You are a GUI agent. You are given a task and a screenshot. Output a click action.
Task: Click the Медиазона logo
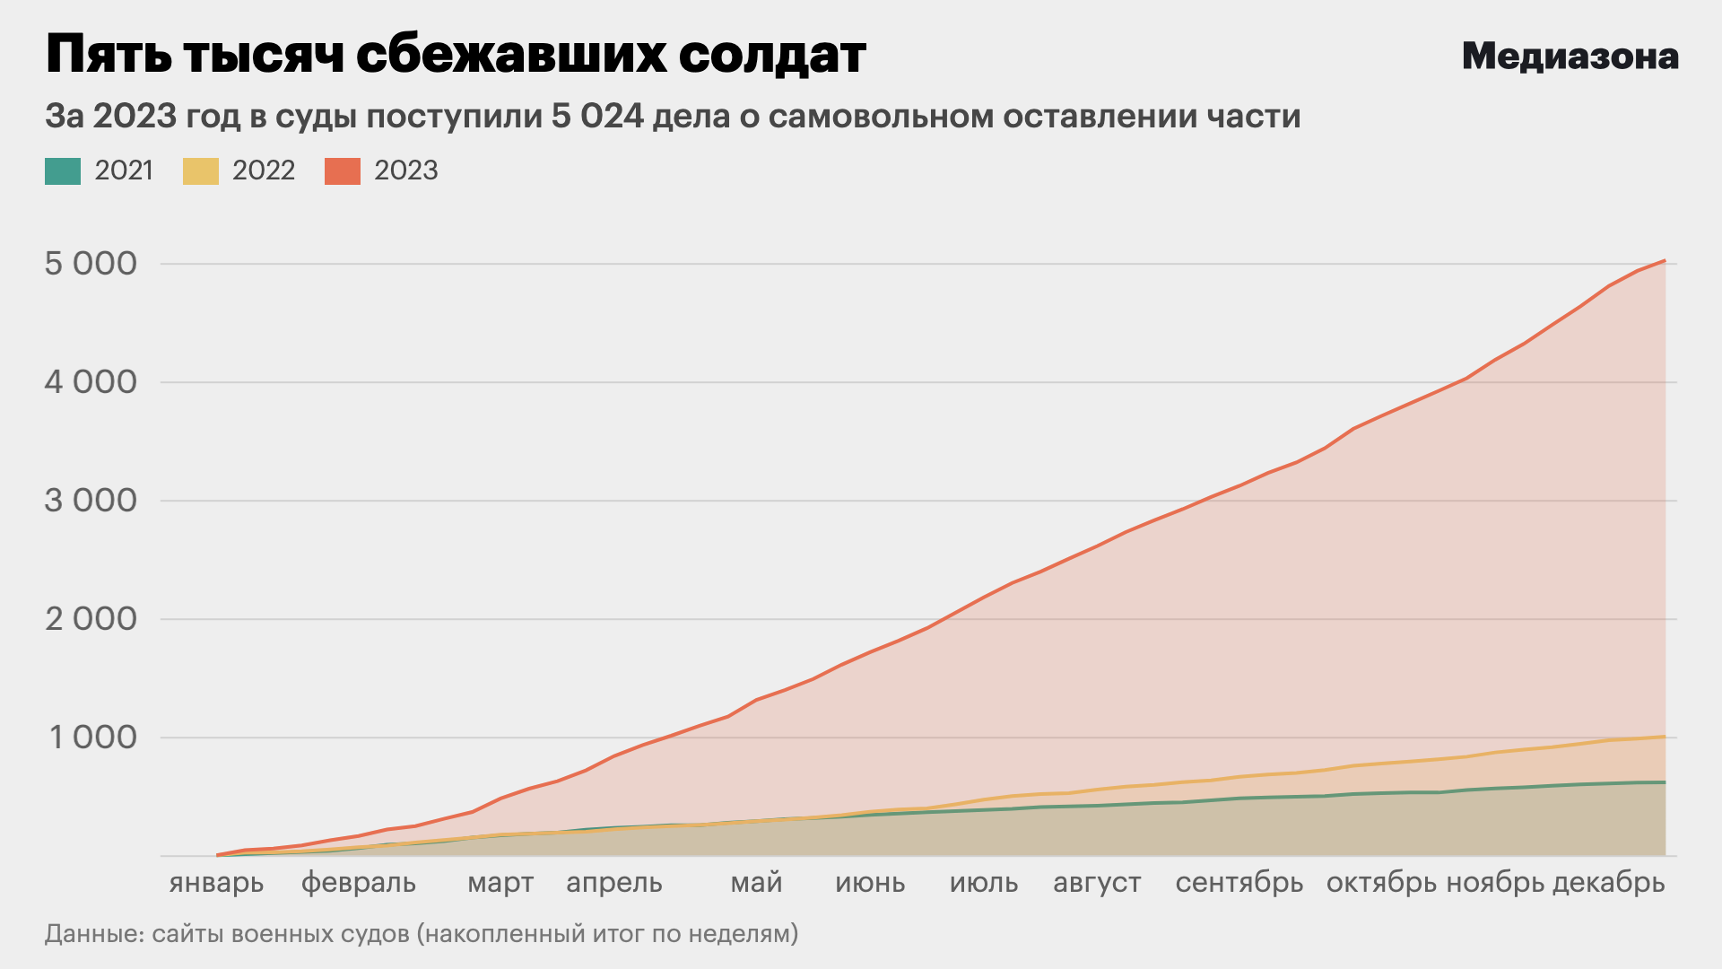[1570, 57]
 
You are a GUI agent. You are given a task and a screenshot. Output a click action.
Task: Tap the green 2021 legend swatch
[63, 170]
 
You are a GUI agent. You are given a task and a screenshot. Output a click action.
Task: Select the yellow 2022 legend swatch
[200, 170]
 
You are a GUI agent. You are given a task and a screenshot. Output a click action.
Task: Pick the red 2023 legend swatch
[342, 170]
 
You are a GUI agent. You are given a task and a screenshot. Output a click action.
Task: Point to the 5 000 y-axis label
[91, 264]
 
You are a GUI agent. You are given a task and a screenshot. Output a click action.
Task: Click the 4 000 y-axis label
[91, 382]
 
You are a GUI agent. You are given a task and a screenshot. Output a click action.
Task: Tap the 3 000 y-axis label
[91, 501]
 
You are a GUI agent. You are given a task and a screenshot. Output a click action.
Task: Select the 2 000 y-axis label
[91, 619]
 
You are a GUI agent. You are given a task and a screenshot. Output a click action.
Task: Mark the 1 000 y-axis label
[92, 738]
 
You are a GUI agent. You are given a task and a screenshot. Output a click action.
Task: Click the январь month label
[216, 883]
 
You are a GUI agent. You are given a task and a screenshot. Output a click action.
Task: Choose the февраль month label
[358, 883]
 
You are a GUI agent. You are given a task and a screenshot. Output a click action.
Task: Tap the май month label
[756, 883]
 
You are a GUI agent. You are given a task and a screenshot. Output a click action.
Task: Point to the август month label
[1097, 883]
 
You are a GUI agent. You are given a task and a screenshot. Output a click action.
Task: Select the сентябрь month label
[1239, 883]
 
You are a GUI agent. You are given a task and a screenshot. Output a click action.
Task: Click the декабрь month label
[1608, 883]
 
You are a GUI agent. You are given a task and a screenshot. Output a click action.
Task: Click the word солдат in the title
[771, 56]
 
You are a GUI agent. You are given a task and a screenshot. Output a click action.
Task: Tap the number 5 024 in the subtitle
[597, 117]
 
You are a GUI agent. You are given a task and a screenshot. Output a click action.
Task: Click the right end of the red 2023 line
[1665, 261]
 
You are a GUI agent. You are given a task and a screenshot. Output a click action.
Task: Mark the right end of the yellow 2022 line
[1665, 737]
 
